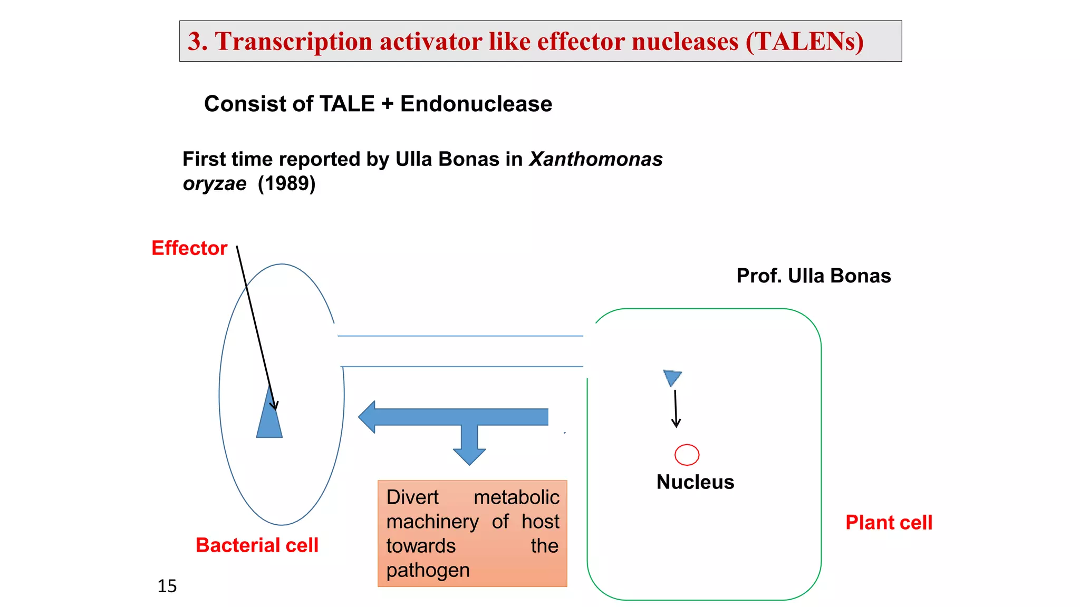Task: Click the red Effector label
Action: [x=189, y=248]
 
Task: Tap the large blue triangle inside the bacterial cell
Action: [x=269, y=419]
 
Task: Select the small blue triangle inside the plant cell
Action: [x=672, y=377]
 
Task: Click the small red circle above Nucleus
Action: [x=687, y=455]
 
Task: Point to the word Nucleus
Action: [x=695, y=482]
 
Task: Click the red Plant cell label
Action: [x=889, y=523]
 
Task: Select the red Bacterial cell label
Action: [x=257, y=545]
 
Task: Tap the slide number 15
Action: [x=167, y=586]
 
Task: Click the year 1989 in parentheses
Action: [x=286, y=184]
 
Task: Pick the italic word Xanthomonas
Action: [x=596, y=159]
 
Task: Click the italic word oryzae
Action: [x=215, y=184]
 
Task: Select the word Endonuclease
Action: [x=476, y=104]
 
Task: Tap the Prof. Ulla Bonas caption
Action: [x=813, y=276]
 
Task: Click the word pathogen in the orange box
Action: [x=428, y=571]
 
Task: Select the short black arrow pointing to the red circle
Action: [x=676, y=408]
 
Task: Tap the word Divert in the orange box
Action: [x=412, y=497]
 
